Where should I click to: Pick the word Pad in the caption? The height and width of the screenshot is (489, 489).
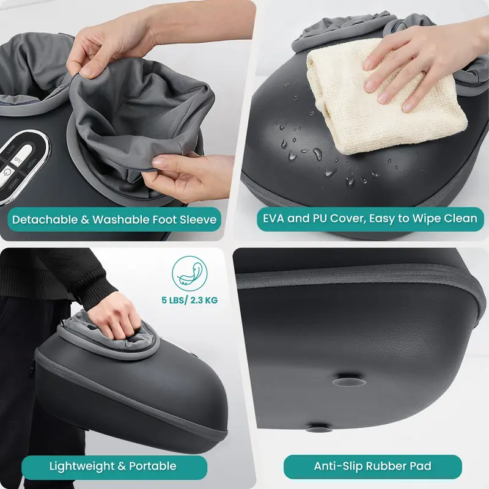421,466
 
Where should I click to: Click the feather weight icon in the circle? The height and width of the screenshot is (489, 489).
188,272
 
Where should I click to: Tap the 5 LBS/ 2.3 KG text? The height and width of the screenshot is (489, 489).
188,300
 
